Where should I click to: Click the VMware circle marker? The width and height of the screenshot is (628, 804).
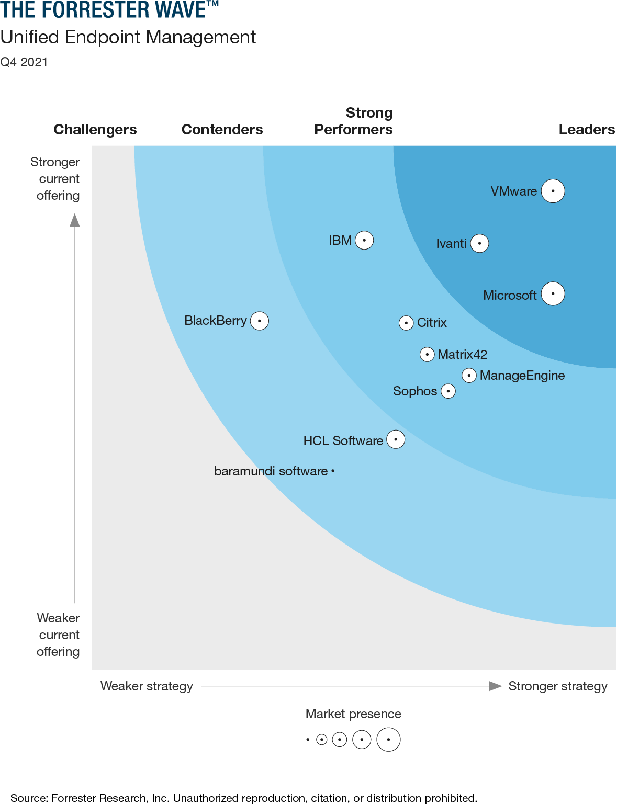pos(553,191)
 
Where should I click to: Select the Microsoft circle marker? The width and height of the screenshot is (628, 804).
pos(553,293)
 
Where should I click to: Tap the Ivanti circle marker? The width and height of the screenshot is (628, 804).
pos(479,243)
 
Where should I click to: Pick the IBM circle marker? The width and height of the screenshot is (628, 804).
pos(364,241)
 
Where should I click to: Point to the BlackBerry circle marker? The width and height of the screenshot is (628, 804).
pos(260,321)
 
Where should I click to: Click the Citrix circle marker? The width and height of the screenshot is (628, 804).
pos(406,323)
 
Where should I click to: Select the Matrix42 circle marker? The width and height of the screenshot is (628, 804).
pos(427,355)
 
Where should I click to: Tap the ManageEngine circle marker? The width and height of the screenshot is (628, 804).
pos(469,376)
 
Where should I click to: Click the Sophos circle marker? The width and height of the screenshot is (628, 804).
pos(448,391)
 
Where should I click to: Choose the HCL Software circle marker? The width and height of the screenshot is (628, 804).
pos(396,439)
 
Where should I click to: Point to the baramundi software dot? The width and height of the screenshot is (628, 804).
pos(333,471)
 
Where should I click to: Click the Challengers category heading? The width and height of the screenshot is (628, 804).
pos(95,130)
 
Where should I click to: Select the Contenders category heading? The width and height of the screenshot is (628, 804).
pos(222,130)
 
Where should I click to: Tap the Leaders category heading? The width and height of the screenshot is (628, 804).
pos(587,130)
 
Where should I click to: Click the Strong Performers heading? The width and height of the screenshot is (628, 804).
pos(354,121)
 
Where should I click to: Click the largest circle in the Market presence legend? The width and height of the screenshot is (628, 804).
pos(388,740)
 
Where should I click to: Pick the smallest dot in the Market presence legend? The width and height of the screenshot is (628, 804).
pos(308,740)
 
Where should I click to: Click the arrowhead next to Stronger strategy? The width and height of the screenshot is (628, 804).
pos(495,686)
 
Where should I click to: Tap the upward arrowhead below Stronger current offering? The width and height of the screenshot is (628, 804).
pos(75,220)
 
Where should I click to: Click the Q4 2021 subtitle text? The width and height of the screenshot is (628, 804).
pos(24,62)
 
